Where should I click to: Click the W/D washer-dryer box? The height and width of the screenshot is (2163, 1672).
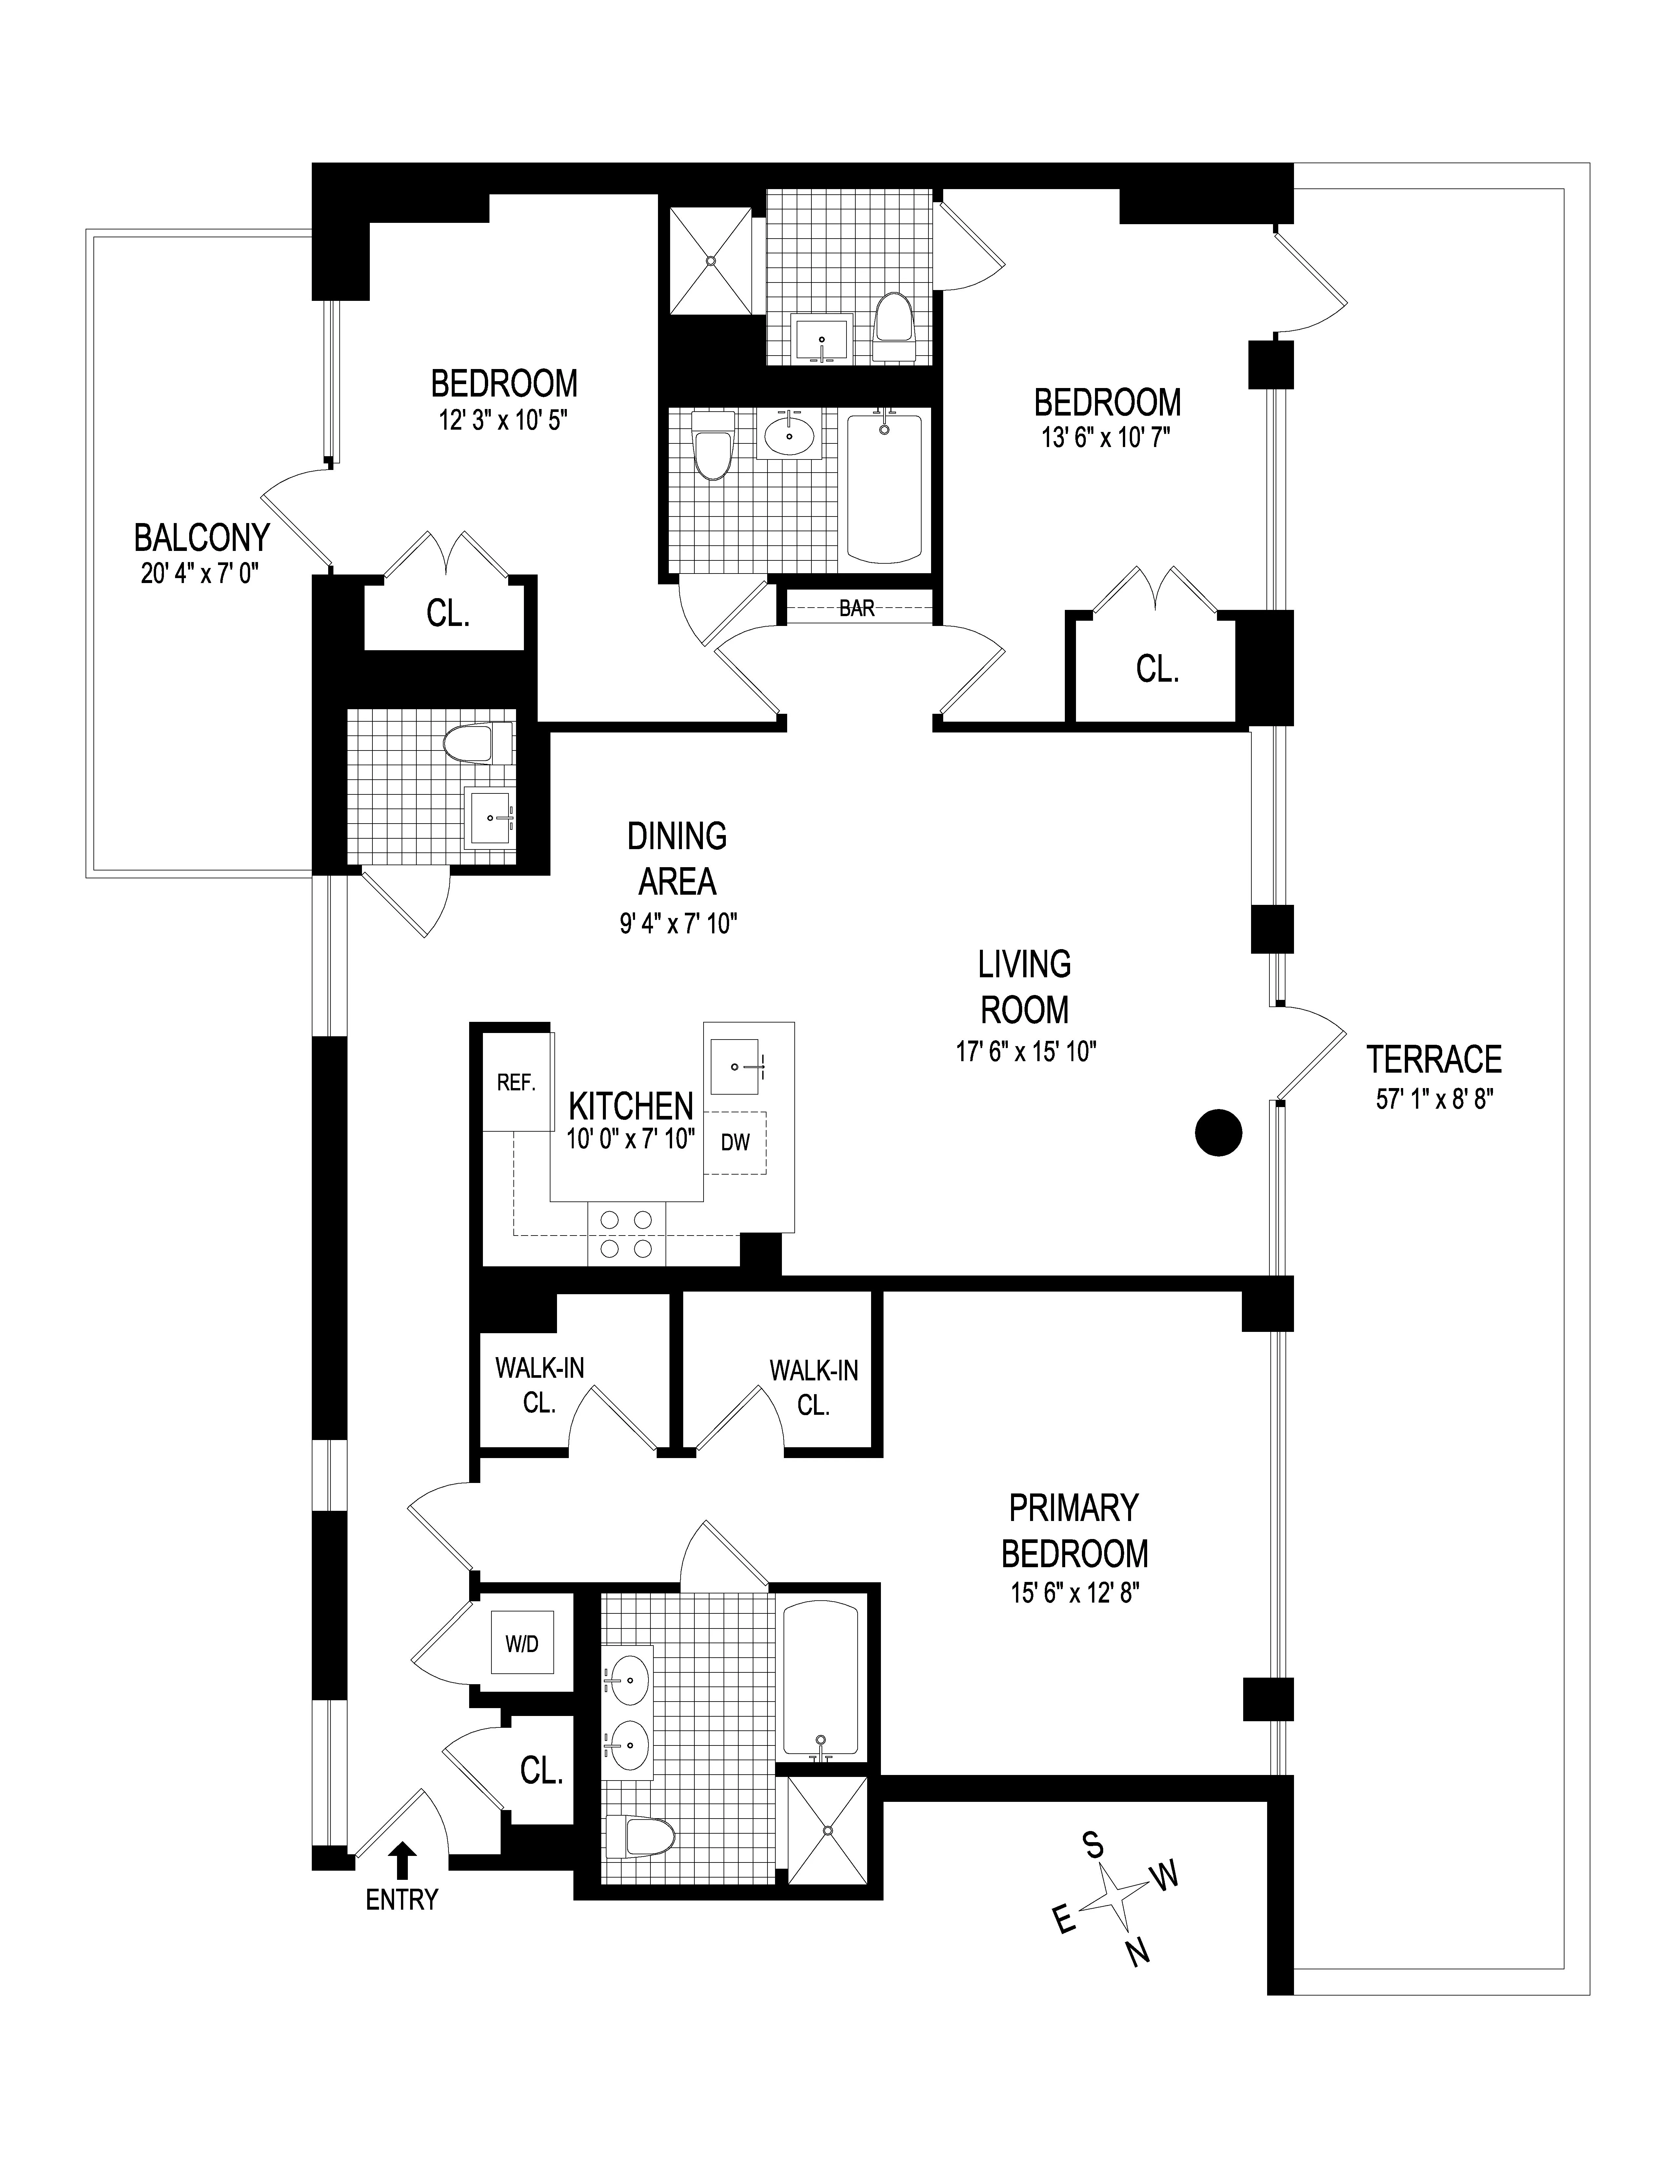tap(522, 1643)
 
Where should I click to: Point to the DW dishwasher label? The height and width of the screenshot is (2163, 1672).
tap(735, 1142)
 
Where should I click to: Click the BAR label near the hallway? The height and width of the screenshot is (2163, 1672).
tap(857, 608)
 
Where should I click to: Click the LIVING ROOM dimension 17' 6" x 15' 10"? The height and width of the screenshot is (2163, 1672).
tap(1025, 1051)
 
